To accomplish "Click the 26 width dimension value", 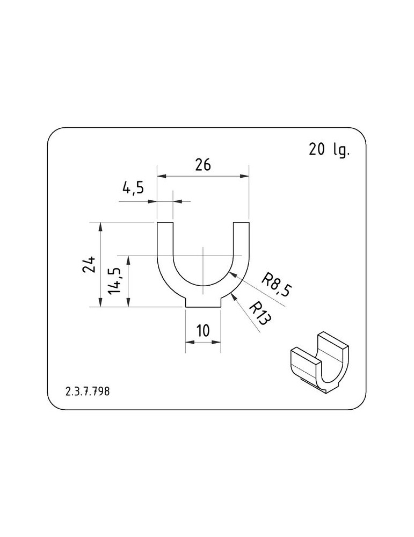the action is [x=203, y=165].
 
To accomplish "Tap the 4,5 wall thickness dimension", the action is [x=133, y=188].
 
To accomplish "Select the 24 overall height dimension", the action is [x=89, y=264].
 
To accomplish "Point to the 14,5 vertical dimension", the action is [x=115, y=280].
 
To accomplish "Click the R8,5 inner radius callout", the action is [x=277, y=285].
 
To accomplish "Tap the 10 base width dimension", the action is [x=203, y=331].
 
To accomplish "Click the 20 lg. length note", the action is [x=329, y=150].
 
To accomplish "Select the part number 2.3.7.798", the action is [x=88, y=391].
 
